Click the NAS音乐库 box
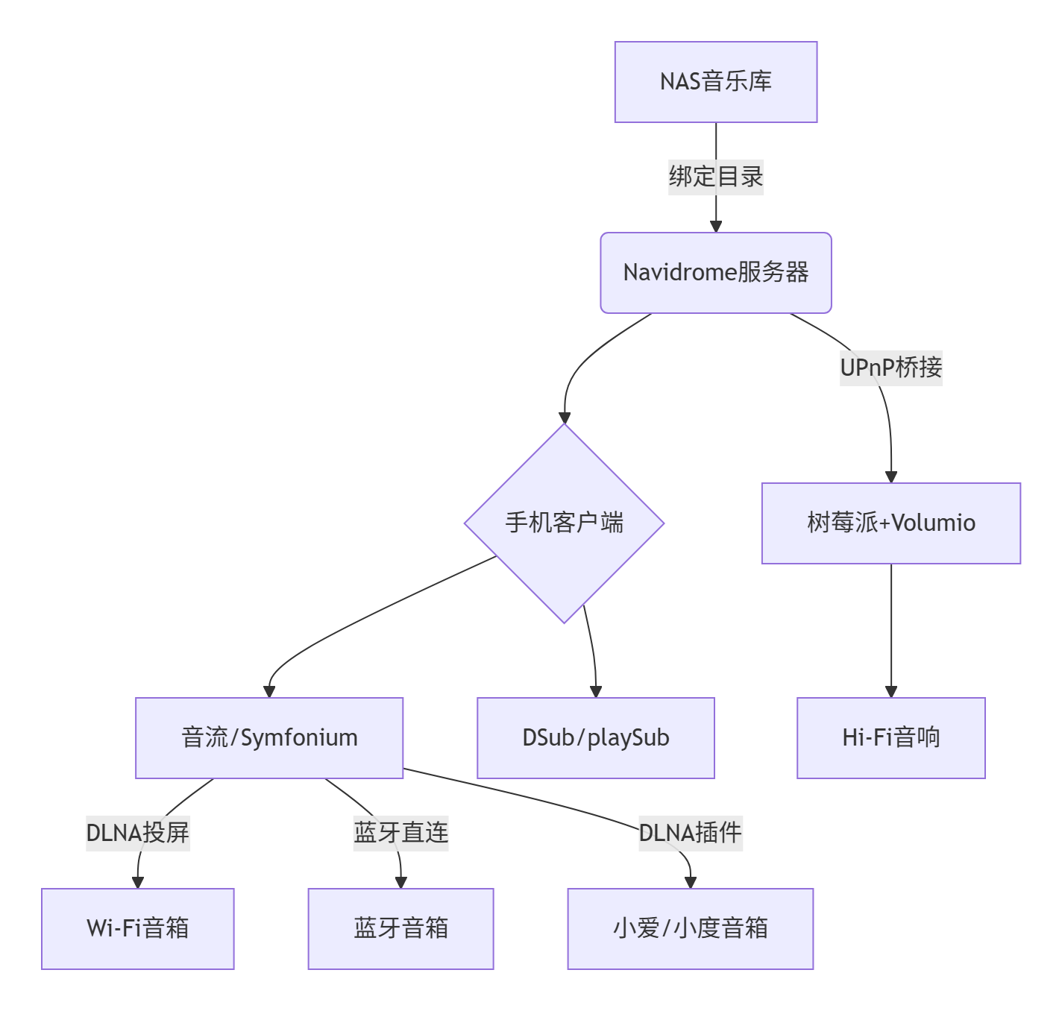click(716, 82)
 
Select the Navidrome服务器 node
click(716, 273)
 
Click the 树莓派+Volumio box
click(891, 523)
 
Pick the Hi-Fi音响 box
click(891, 738)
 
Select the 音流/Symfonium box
click(269, 738)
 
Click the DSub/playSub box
click(596, 738)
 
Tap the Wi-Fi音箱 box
click(138, 929)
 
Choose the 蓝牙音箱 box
click(401, 929)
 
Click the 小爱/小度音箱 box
click(691, 929)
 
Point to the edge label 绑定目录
click(716, 177)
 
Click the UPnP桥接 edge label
click(891, 368)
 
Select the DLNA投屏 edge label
click(138, 833)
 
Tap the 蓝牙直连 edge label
click(401, 833)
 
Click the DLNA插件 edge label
click(691, 833)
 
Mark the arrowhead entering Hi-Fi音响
click(891, 691)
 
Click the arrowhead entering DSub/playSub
click(596, 691)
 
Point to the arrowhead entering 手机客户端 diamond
click(565, 418)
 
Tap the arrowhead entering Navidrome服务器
click(716, 226)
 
